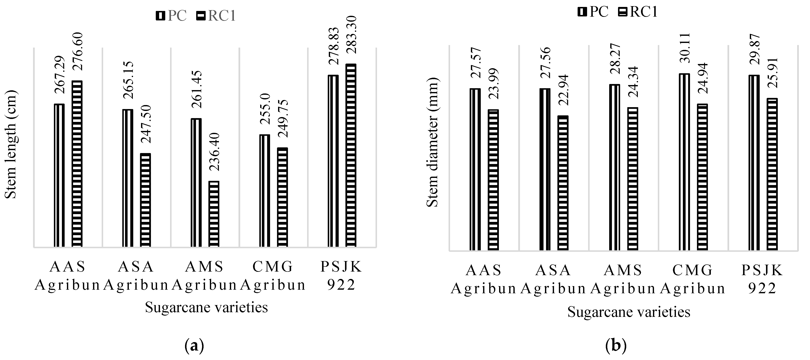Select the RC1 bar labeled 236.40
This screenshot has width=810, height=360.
tap(214, 214)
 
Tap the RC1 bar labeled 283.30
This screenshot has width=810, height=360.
tap(351, 155)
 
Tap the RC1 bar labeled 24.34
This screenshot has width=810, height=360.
tap(633, 179)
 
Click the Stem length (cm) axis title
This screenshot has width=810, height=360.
tap(11, 145)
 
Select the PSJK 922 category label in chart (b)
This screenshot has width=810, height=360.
tap(762, 279)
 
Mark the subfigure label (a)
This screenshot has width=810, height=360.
tap(194, 346)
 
